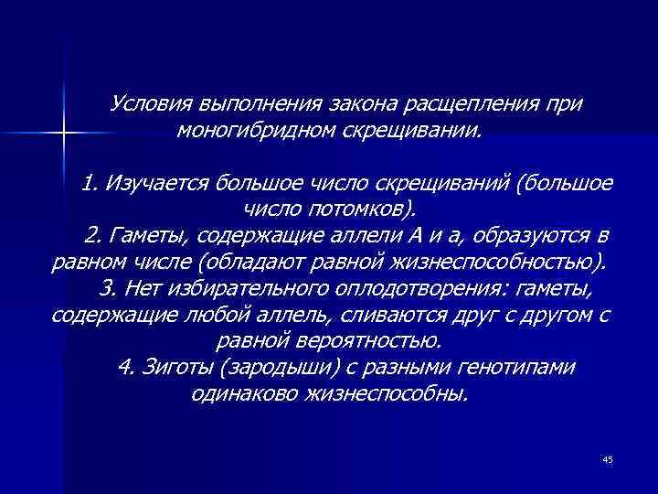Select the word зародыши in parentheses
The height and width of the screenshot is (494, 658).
(264, 369)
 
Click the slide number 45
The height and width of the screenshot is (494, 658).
(607, 458)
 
